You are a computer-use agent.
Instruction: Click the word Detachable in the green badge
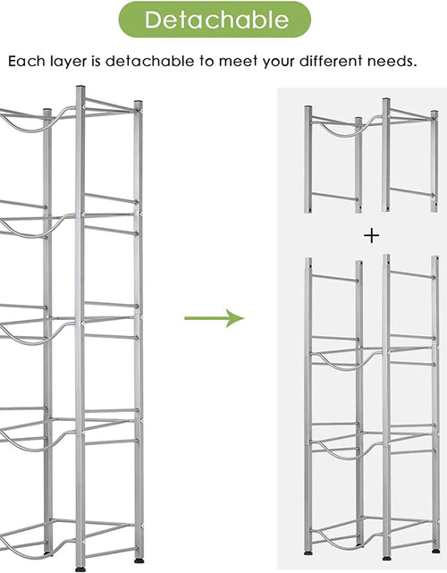point(216,20)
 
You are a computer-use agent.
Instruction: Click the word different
point(331,61)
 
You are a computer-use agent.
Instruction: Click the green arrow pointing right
point(215,318)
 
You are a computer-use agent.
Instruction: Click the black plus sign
point(371,236)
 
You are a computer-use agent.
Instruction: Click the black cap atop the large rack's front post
point(80,87)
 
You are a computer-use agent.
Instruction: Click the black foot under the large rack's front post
point(80,569)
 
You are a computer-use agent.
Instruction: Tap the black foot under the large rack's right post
point(139,560)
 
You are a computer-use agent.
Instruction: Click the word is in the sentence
point(97,61)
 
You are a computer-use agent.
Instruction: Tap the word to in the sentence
point(207,61)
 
